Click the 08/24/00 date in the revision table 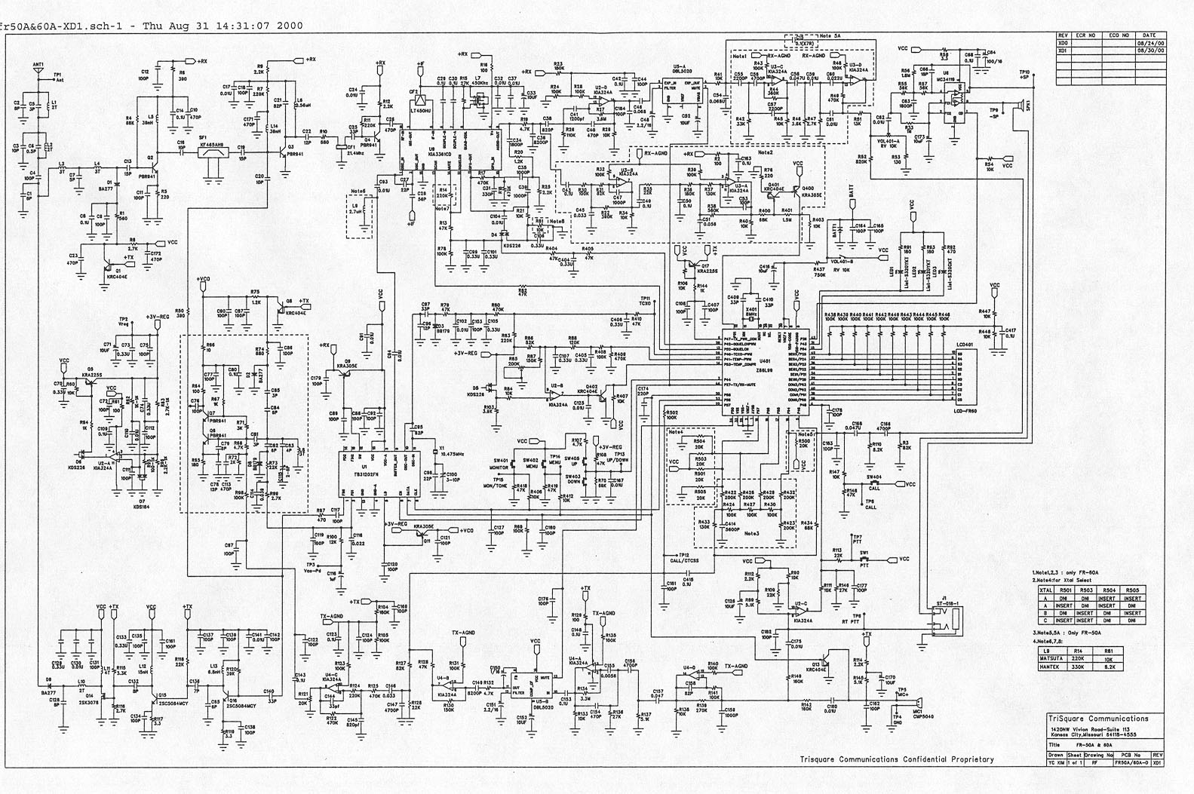[x=1149, y=44]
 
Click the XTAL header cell [x=1046, y=590]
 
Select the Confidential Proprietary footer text [x=897, y=759]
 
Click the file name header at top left [x=151, y=25]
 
